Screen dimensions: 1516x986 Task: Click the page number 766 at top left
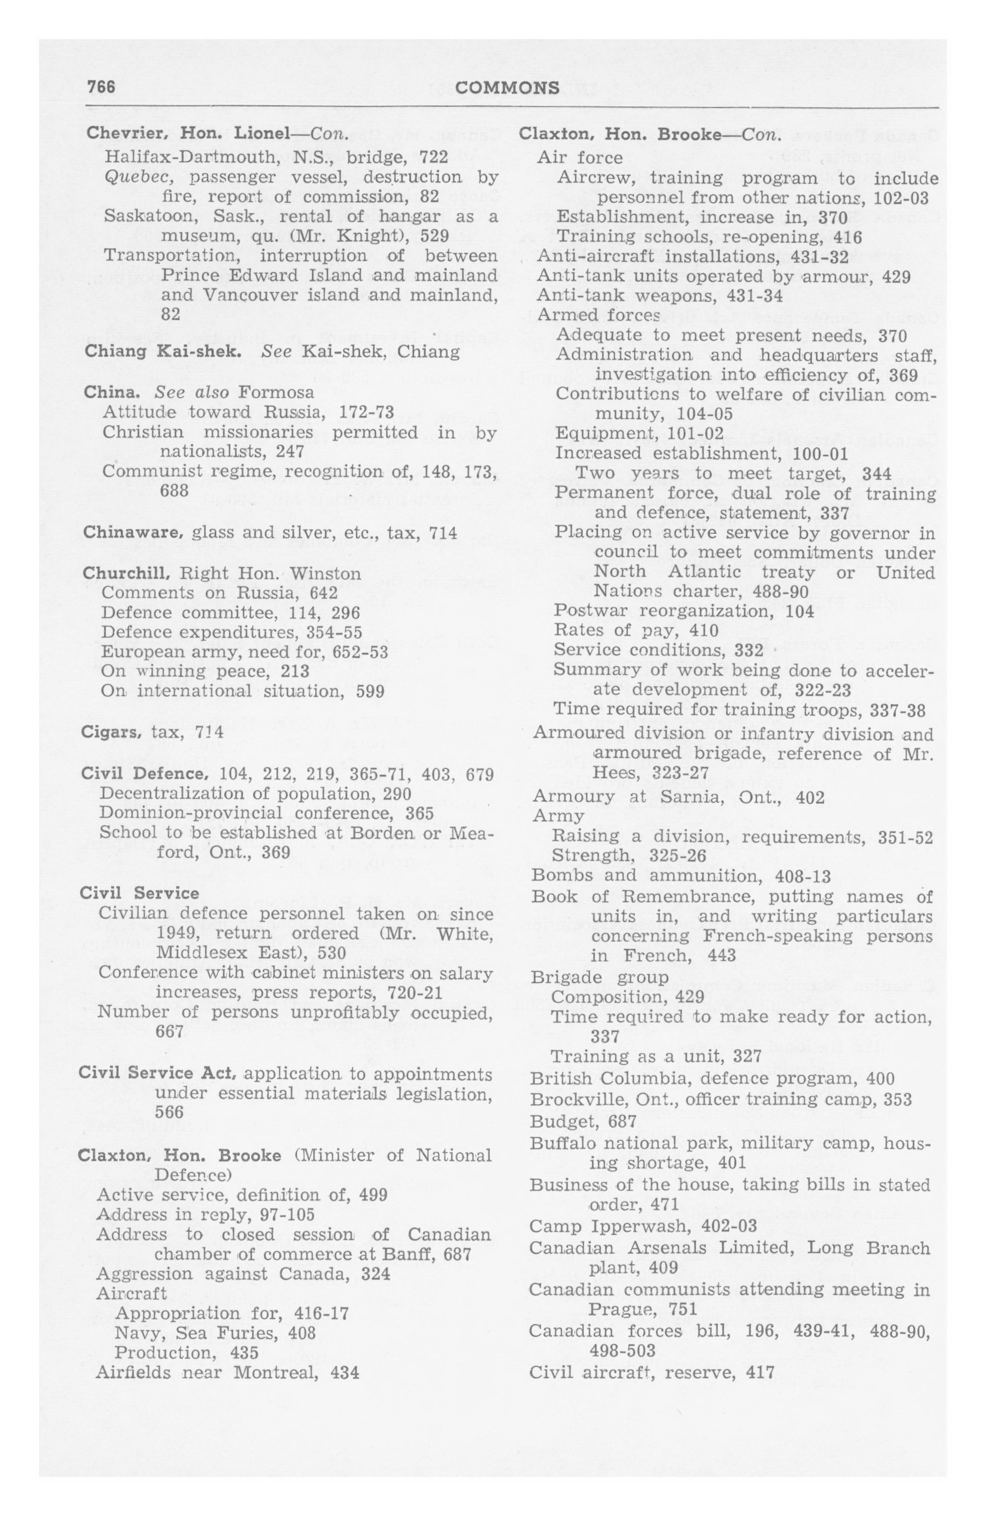coord(101,87)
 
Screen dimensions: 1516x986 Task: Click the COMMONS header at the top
coord(508,88)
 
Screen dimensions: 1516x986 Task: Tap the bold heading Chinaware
coord(132,532)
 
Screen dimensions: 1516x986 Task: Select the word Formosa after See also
coord(276,392)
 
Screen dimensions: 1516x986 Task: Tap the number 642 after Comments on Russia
coord(323,593)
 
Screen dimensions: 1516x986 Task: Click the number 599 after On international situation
coord(369,692)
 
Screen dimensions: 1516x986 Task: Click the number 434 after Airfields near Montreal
coord(344,1373)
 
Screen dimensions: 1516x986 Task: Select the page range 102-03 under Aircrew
coord(901,198)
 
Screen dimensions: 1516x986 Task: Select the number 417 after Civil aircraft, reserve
coord(759,1372)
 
